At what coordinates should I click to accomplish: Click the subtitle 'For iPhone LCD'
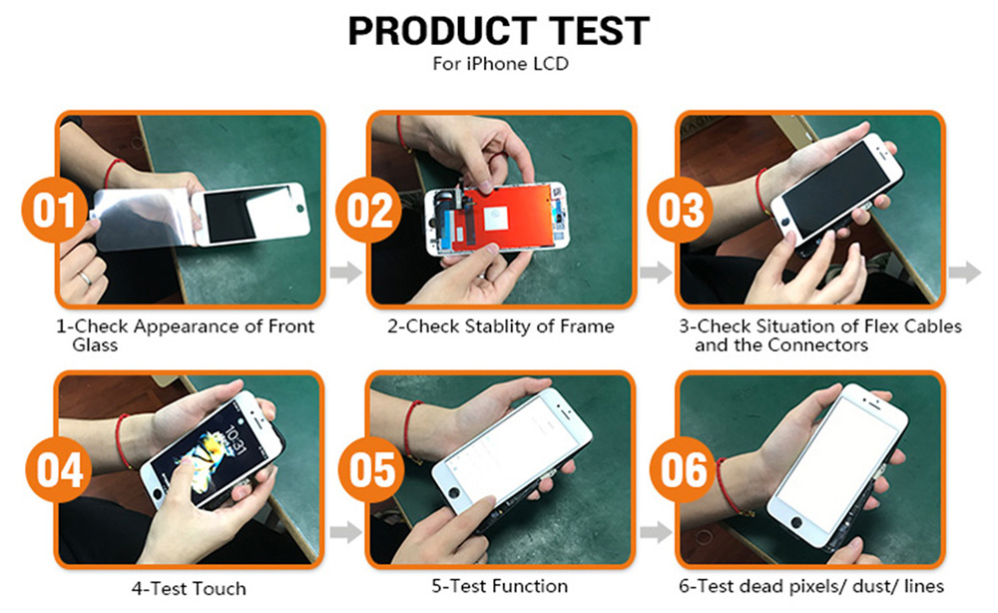point(500,64)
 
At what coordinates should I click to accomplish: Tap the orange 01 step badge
point(54,210)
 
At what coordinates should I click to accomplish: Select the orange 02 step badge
point(368,210)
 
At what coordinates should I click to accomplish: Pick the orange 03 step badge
point(680,210)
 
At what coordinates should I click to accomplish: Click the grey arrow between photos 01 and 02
point(345,273)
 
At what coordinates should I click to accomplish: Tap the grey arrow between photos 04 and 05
point(345,532)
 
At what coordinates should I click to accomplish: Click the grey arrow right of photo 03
point(965,273)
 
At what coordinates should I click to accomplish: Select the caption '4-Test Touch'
point(189,589)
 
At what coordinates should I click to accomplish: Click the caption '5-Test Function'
point(500,586)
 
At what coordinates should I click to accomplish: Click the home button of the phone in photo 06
point(795,522)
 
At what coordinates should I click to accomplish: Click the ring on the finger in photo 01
point(85,279)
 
